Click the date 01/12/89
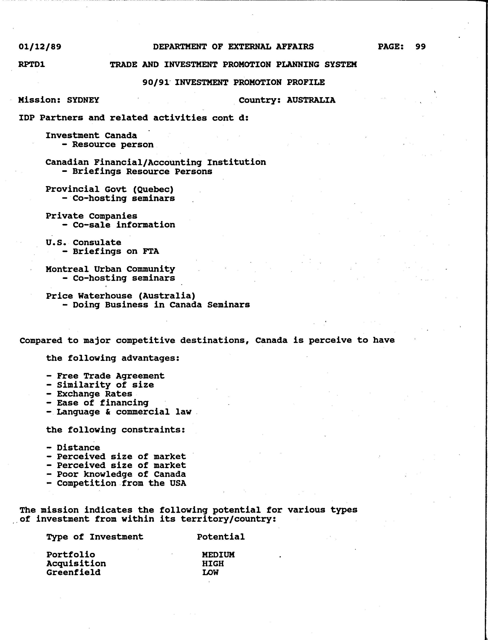[40, 47]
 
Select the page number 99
[420, 47]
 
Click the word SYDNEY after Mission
[83, 100]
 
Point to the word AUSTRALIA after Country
[311, 100]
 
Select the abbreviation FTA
[151, 251]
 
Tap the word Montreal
[67, 269]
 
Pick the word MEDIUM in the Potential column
[218, 555]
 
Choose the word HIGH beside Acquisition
[213, 564]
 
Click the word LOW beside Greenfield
[210, 573]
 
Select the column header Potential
[221, 537]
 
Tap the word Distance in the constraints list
[79, 448]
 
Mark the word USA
[178, 483]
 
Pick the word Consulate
[97, 242]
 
